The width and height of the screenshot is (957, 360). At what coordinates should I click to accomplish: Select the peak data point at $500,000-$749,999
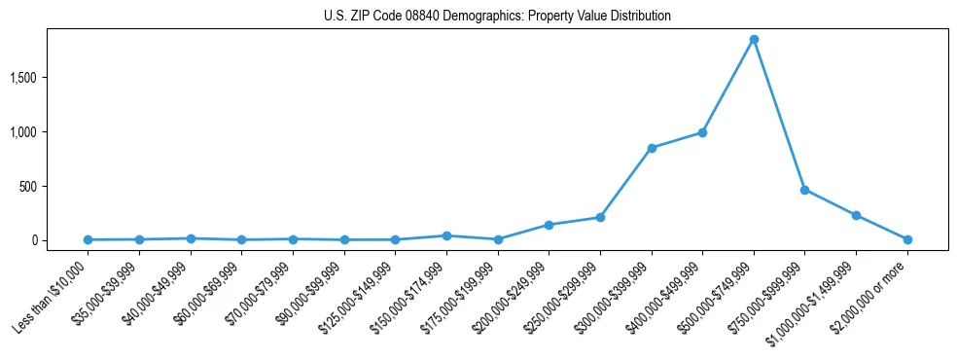[x=754, y=40]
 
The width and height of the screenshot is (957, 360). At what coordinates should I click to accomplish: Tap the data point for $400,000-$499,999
[x=702, y=132]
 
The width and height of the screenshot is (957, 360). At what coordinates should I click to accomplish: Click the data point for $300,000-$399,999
[x=652, y=148]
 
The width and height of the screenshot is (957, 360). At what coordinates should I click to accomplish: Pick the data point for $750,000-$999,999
[x=804, y=190]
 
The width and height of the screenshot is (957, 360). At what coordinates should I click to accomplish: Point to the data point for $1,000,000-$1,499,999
[x=856, y=215]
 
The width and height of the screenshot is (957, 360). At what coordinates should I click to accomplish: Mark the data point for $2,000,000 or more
[x=907, y=239]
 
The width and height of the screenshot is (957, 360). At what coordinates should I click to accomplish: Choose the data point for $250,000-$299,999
[x=600, y=217]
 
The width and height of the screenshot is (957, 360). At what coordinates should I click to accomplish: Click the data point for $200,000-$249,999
[x=549, y=225]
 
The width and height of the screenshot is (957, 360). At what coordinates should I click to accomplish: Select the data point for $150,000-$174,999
[x=446, y=235]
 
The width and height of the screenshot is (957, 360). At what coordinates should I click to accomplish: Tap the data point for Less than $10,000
[x=89, y=239]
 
